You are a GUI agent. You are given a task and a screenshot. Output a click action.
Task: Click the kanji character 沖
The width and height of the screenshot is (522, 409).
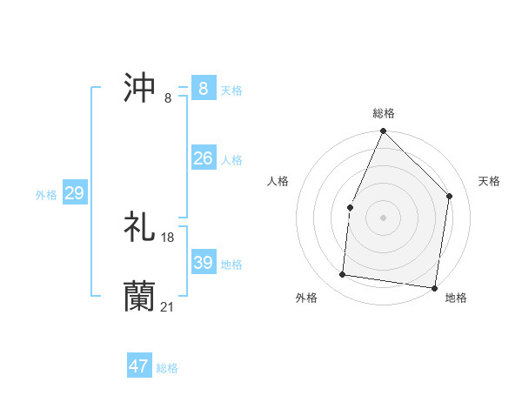(140, 88)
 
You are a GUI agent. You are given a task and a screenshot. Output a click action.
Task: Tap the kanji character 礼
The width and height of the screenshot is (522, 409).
(140, 227)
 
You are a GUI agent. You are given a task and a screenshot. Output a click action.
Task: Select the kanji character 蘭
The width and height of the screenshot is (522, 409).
(140, 296)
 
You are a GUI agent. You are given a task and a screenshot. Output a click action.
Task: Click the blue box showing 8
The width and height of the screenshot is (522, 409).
(204, 89)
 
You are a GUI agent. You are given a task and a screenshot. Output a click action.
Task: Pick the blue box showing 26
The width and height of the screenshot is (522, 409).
(204, 158)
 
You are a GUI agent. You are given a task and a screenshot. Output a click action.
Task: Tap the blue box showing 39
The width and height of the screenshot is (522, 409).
(204, 263)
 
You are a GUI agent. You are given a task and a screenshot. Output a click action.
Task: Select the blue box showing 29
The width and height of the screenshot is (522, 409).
(74, 193)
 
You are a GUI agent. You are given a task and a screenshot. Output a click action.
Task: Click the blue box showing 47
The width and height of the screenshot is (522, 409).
(139, 366)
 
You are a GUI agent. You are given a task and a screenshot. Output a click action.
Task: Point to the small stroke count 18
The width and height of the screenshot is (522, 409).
(168, 238)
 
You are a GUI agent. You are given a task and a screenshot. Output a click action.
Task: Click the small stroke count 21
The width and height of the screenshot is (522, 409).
(168, 306)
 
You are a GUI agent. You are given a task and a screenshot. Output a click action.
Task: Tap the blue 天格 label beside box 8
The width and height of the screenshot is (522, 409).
(231, 91)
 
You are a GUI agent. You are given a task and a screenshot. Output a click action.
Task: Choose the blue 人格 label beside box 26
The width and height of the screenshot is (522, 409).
(231, 160)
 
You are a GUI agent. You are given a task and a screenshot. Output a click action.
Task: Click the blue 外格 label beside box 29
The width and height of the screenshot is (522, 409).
(46, 195)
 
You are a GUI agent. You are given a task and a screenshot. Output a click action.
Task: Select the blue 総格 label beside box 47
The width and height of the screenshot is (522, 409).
(167, 368)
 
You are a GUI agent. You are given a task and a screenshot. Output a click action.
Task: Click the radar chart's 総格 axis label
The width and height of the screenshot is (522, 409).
(384, 113)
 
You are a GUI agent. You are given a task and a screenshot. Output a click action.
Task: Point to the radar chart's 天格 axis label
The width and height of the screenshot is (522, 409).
(490, 181)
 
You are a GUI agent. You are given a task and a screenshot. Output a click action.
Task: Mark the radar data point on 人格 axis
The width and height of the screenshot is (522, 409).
(350, 207)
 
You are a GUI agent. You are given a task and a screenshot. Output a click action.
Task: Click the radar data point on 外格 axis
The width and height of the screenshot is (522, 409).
(343, 275)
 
